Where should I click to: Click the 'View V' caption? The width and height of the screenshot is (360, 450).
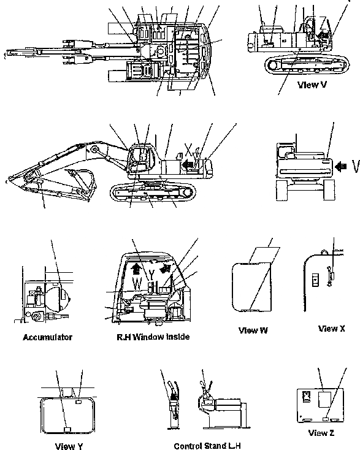point(312,85)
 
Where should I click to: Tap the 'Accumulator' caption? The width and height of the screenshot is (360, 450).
point(48,337)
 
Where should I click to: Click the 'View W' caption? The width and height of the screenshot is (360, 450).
point(253,330)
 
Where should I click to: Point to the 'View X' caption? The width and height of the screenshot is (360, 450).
point(332,329)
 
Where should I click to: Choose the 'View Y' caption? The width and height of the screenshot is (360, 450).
point(69,446)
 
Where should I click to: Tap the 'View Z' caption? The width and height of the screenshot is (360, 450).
point(322,433)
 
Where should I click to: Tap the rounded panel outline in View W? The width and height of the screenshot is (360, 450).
point(250,285)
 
